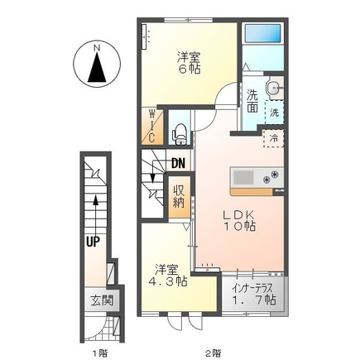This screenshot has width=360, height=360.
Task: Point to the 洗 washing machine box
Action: pos(274,110)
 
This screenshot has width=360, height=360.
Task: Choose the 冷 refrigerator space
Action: pos(271,138)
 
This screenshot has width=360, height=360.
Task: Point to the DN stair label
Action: pos(178,163)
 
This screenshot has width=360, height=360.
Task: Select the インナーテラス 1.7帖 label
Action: pos(254,291)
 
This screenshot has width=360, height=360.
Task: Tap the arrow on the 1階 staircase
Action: pos(98,207)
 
